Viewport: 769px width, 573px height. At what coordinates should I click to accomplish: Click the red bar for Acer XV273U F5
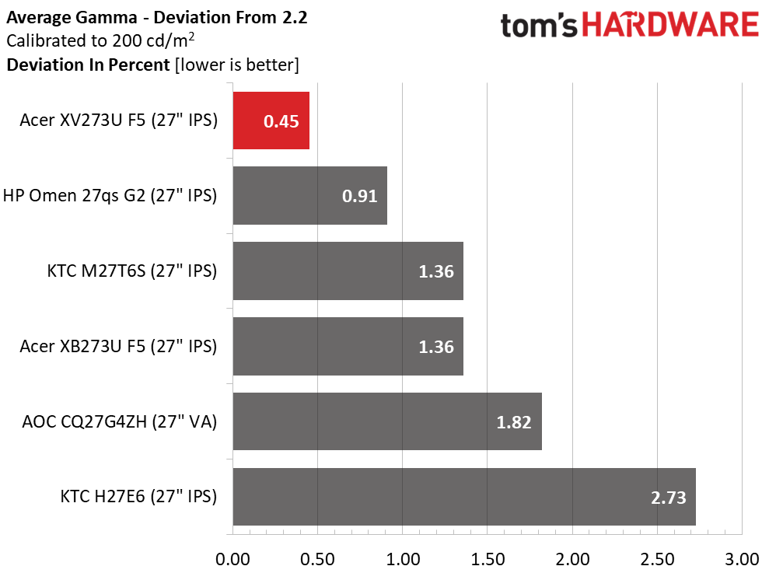[271, 121]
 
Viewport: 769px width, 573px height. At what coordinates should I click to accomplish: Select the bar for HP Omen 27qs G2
[310, 196]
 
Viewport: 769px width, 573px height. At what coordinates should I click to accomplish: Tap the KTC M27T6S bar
[348, 271]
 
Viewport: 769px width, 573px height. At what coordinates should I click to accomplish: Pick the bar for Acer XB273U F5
[348, 346]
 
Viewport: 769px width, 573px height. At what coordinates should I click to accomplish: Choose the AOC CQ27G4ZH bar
[387, 421]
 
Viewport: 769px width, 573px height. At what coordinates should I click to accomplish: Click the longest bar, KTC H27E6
[464, 497]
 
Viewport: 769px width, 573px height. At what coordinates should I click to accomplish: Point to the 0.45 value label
[281, 121]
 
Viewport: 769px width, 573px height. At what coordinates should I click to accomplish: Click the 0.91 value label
[359, 196]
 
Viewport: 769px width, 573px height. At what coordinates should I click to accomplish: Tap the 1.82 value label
[514, 422]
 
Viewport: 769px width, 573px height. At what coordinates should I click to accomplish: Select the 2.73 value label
[669, 498]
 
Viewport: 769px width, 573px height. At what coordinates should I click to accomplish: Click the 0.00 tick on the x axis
[232, 559]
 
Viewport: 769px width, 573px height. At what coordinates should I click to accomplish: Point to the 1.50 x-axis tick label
[488, 559]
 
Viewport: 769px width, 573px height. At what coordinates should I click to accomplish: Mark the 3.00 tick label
[742, 559]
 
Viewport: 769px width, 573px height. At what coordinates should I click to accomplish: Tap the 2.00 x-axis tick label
[572, 559]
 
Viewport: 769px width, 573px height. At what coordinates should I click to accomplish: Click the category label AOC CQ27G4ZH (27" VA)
[119, 421]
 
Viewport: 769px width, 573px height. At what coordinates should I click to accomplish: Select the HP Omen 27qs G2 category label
[110, 196]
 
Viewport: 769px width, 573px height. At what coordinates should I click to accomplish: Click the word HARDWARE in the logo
[670, 25]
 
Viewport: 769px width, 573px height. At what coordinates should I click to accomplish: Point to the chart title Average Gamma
[72, 18]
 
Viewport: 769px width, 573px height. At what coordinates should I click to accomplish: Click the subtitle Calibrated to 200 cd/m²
[100, 40]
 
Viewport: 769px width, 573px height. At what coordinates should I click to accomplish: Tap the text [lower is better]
[237, 65]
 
